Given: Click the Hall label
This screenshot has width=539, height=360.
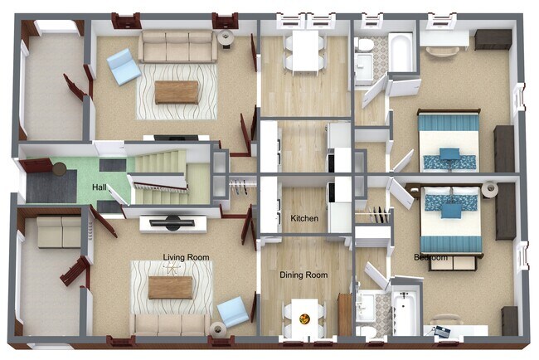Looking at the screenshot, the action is click(99, 187).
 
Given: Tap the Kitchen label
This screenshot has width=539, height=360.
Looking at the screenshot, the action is click(304, 218).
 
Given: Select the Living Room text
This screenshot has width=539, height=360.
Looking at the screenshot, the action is click(186, 257).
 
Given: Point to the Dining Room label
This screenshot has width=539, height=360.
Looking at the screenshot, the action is click(303, 275).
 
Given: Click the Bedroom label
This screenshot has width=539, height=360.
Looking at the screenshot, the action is click(430, 257).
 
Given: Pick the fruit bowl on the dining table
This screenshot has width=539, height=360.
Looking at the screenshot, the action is click(304, 319).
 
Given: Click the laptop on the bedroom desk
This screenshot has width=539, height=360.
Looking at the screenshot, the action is click(441, 332).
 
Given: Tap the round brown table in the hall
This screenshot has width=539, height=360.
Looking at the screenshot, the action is click(59, 169).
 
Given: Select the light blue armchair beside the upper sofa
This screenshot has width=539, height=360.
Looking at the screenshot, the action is click(124, 66).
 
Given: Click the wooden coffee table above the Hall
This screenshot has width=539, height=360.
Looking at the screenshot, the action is click(177, 92).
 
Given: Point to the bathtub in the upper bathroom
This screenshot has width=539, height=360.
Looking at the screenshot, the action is click(401, 52).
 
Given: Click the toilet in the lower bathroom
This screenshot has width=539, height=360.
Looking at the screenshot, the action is click(364, 332).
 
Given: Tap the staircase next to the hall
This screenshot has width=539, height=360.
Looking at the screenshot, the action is click(161, 175).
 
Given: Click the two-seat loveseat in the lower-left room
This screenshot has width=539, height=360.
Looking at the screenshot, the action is click(59, 232).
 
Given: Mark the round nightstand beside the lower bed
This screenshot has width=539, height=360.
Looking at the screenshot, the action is click(490, 189).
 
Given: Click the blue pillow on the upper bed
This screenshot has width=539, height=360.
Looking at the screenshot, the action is click(449, 153).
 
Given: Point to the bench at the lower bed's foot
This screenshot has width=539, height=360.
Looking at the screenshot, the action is click(453, 263).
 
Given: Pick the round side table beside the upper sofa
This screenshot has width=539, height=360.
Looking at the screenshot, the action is click(226, 36).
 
